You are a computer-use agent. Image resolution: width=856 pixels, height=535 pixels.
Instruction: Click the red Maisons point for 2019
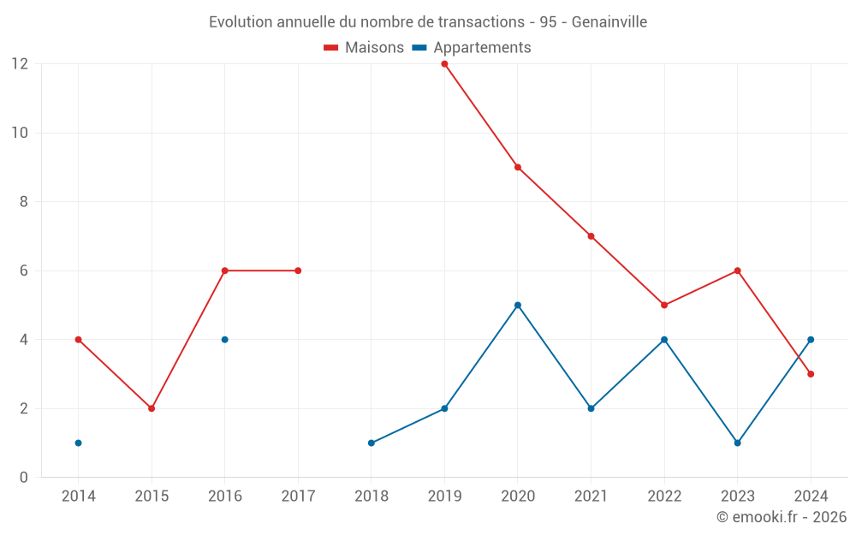tap(444, 63)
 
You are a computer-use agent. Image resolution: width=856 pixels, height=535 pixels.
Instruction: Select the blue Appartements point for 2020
tap(518, 305)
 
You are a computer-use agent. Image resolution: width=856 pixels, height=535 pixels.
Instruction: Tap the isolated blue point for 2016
tap(225, 340)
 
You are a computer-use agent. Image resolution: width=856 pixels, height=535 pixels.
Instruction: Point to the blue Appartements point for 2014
tap(78, 443)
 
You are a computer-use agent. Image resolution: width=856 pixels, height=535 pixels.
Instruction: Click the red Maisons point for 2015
tap(152, 408)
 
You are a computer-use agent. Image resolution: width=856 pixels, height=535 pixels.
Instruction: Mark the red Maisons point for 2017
tap(298, 270)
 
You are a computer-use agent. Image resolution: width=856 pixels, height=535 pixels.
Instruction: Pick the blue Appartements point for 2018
tap(372, 443)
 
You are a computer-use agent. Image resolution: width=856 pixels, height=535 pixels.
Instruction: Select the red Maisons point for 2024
tap(811, 374)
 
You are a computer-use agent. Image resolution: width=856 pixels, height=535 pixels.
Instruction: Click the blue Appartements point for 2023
tap(737, 443)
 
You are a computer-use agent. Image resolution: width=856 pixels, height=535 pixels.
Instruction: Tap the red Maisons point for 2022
tap(664, 305)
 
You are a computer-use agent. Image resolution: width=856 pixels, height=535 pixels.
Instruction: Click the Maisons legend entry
tap(364, 48)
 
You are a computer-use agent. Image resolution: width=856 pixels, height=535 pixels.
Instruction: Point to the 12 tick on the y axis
tap(20, 63)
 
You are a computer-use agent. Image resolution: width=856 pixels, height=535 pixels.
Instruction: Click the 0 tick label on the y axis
tap(24, 477)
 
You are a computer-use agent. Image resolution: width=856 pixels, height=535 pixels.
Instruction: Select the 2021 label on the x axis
tap(591, 496)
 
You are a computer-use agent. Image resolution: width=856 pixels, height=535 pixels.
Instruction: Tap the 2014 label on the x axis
tap(78, 496)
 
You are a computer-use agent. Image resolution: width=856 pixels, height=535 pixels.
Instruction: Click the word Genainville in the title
tap(609, 21)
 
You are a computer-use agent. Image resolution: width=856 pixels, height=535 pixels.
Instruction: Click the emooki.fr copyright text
tap(782, 517)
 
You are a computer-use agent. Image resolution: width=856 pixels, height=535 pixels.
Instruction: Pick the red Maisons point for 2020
tap(518, 167)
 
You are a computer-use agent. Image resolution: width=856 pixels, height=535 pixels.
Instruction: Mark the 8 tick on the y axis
tap(24, 202)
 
